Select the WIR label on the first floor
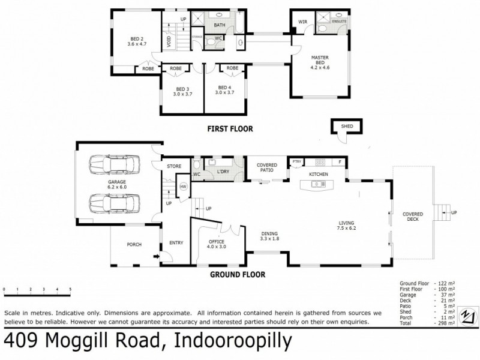pos(302,22)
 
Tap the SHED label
pos(347,127)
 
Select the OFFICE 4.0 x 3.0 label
pos(218,244)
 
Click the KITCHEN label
pos(318,175)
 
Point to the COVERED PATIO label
pos(266,167)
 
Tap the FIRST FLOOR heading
pos(230,128)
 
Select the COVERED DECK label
pos(413,216)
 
